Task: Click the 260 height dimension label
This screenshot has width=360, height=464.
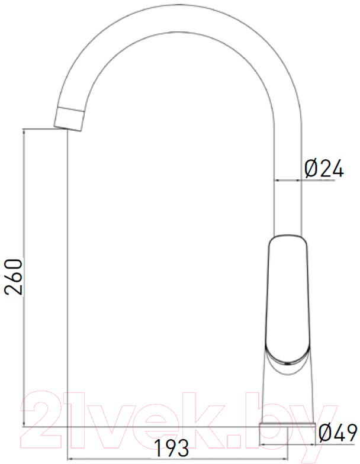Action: [14, 277]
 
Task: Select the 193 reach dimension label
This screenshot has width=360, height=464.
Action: [172, 447]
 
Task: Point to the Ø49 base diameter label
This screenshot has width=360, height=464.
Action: [337, 433]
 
